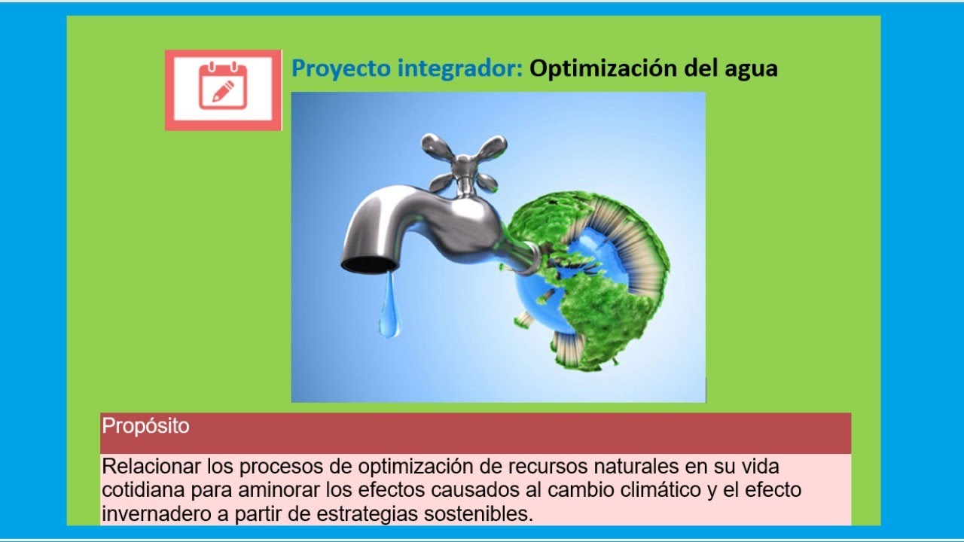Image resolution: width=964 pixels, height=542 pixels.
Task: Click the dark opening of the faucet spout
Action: point(369,264)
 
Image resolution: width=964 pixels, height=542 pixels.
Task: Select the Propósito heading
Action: point(146,426)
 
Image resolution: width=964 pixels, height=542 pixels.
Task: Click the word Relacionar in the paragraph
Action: point(148,466)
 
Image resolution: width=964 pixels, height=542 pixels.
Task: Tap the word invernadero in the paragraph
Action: point(149,514)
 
